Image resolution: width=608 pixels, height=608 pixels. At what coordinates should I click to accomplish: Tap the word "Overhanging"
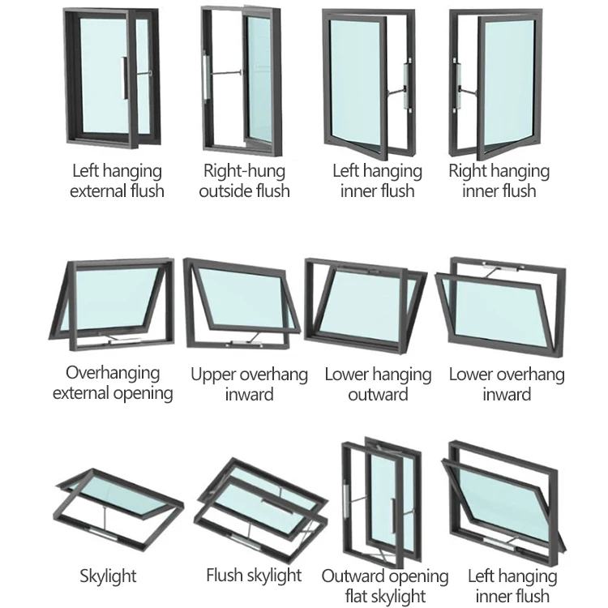(113, 373)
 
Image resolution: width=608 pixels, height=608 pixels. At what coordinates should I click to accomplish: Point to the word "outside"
(228, 191)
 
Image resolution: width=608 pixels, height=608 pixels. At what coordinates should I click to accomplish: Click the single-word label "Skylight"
(108, 576)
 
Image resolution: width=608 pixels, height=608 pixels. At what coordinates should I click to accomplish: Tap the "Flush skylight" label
(254, 576)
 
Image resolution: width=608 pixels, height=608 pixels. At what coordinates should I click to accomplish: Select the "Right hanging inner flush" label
(499, 181)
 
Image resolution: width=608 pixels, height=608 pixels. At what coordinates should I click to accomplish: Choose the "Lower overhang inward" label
(507, 384)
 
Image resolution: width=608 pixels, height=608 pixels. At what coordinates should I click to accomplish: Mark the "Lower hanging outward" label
(378, 384)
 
